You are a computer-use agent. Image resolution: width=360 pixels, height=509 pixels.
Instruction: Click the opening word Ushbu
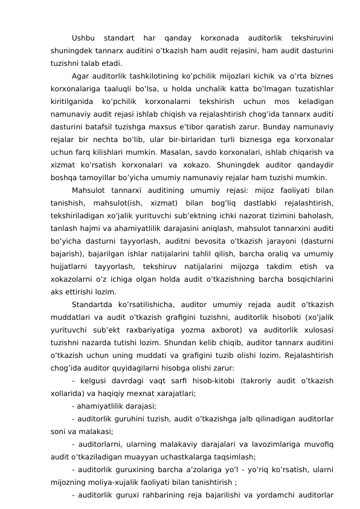coord(83,40)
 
